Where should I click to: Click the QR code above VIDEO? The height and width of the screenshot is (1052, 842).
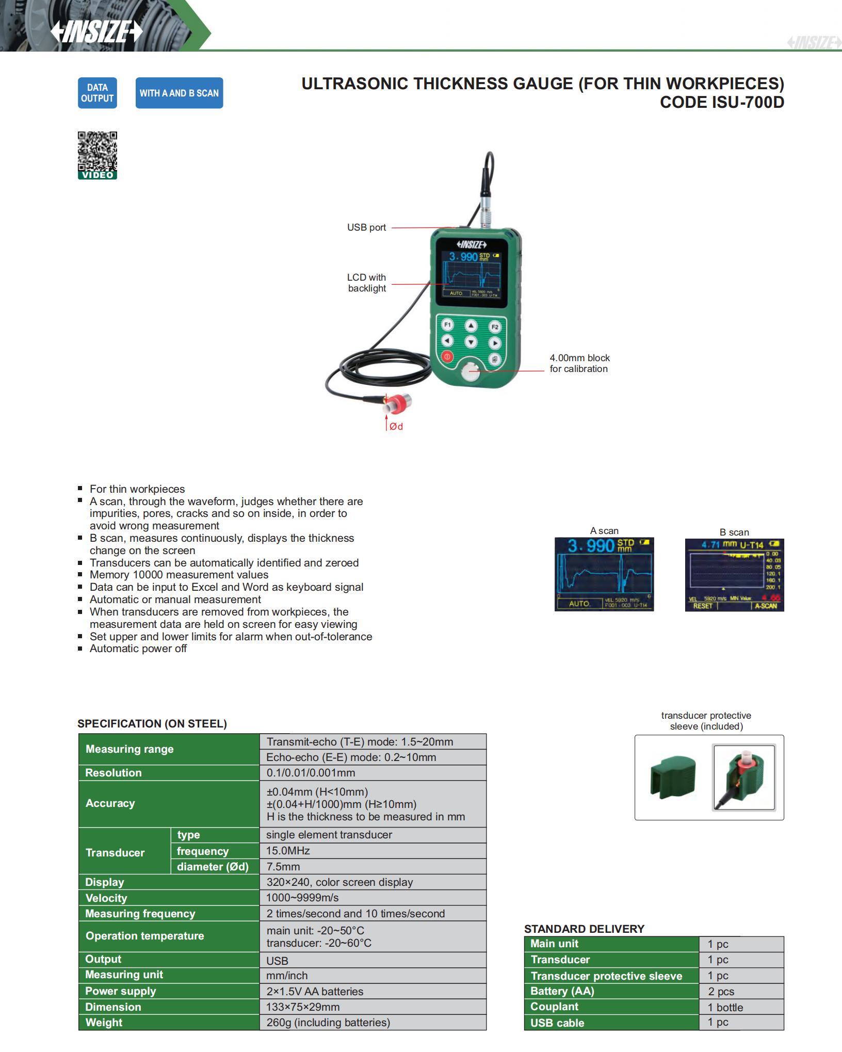(x=97, y=151)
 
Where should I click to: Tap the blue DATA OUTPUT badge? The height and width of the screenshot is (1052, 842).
(x=98, y=93)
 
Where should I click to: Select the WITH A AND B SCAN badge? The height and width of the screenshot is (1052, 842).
(x=179, y=93)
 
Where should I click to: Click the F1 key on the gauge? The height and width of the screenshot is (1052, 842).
(x=447, y=325)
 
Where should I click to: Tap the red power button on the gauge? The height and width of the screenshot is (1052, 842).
(x=447, y=357)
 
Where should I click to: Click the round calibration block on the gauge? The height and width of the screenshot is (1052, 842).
(x=471, y=372)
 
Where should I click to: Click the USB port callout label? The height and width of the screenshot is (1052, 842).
(x=366, y=228)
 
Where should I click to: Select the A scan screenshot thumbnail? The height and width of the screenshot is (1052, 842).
(x=604, y=574)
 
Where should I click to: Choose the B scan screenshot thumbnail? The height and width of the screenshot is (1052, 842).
(x=734, y=575)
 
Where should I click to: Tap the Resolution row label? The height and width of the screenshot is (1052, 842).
(x=114, y=772)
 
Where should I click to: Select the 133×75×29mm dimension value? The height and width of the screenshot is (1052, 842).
(x=303, y=1007)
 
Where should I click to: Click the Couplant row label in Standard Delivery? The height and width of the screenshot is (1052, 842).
(x=554, y=1007)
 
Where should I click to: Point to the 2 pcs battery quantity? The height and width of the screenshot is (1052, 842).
(x=721, y=991)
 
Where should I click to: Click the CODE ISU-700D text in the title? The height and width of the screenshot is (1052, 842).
(x=722, y=102)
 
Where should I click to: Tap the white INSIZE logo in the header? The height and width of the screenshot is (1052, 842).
(x=96, y=32)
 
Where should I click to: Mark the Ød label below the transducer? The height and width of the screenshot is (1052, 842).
(x=396, y=427)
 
